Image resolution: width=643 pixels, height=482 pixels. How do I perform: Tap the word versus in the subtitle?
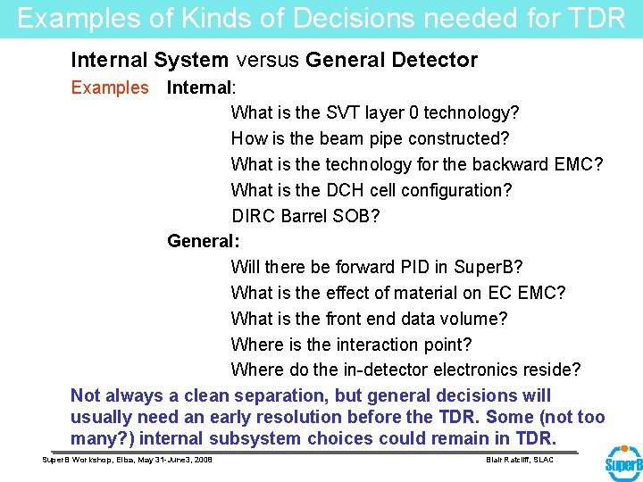[267, 61]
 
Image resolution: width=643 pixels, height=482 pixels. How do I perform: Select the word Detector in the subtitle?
[435, 61]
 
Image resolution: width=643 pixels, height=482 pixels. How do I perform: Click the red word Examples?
[110, 87]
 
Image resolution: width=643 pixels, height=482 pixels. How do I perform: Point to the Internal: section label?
[201, 87]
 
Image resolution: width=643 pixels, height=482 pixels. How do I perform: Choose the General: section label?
[204, 241]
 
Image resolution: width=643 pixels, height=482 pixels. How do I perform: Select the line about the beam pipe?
[370, 139]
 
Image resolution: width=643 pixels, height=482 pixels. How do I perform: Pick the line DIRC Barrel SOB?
[305, 216]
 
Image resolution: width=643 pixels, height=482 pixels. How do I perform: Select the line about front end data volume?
[369, 319]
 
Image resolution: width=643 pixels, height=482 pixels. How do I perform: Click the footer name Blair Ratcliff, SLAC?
[519, 460]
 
